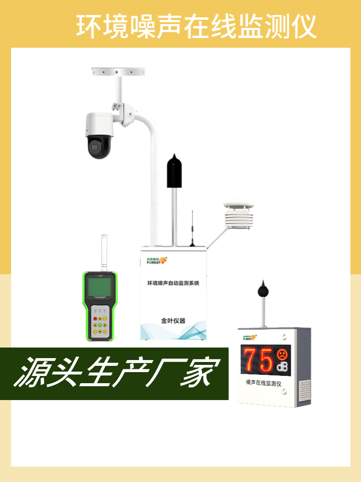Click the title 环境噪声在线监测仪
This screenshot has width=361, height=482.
196,27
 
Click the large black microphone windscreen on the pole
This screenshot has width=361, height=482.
174,171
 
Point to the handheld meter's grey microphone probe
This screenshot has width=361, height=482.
103,253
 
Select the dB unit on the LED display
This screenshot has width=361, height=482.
282,368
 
